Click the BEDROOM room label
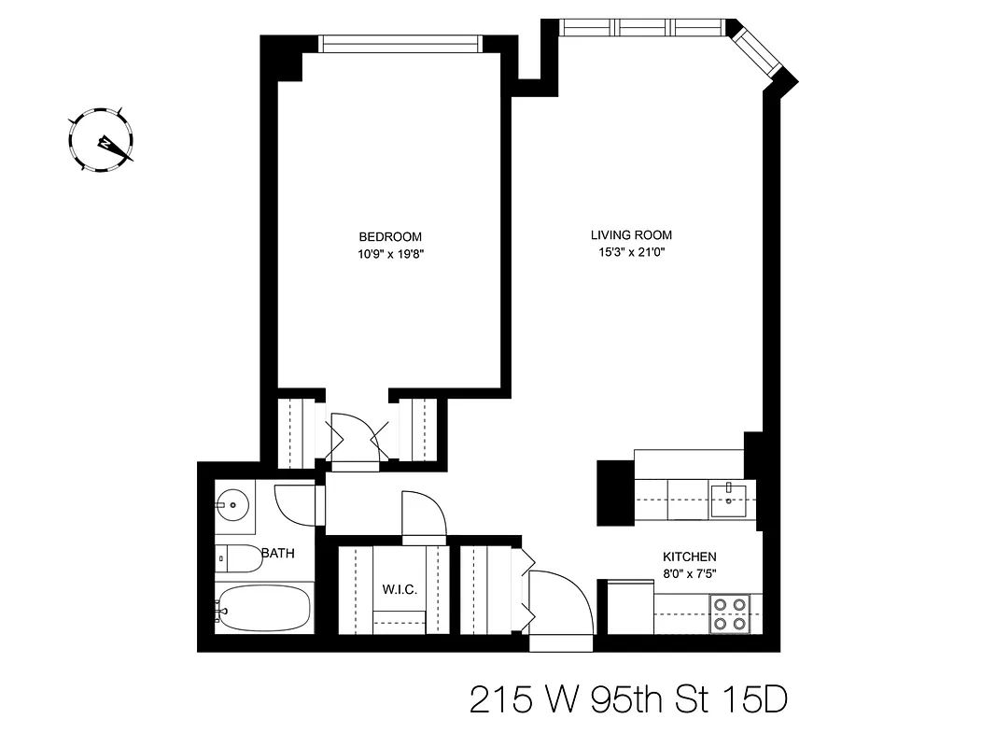[x=390, y=236]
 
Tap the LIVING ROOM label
[x=631, y=235]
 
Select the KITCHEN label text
[x=690, y=557]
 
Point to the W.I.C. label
[x=400, y=590]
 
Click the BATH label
[x=278, y=554]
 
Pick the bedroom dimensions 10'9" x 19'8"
[x=390, y=252]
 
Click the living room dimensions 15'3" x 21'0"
[x=631, y=251]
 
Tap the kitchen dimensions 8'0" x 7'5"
[x=690, y=573]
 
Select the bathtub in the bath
[x=262, y=608]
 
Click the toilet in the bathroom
[x=237, y=558]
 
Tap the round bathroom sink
[x=232, y=505]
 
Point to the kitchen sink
[x=728, y=498]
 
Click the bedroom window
[x=399, y=43]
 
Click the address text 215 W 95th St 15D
[x=628, y=699]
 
